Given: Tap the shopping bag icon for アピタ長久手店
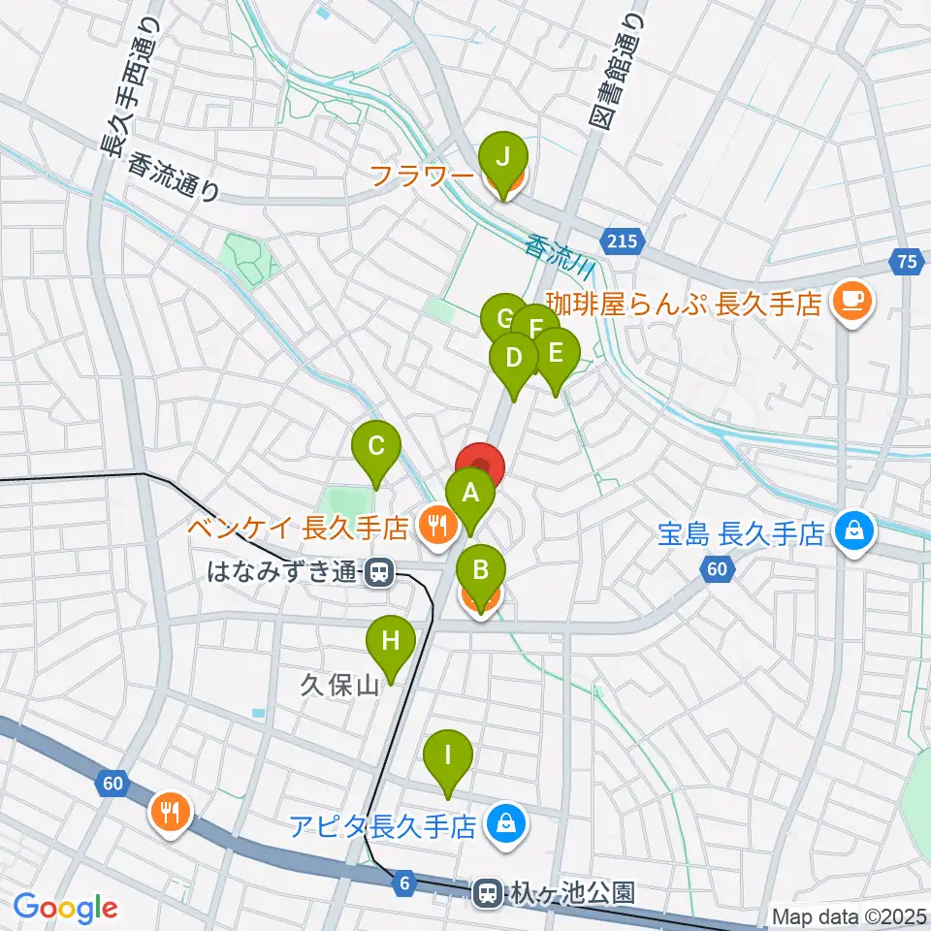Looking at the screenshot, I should [x=506, y=826].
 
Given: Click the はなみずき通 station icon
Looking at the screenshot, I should [x=379, y=573].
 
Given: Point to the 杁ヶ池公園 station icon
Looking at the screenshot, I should [x=487, y=890].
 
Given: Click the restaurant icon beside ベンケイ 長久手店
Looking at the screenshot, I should [x=433, y=528].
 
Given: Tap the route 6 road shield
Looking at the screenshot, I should [x=404, y=883].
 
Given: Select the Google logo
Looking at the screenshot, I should [x=64, y=908].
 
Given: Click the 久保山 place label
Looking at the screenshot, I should [x=338, y=687].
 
